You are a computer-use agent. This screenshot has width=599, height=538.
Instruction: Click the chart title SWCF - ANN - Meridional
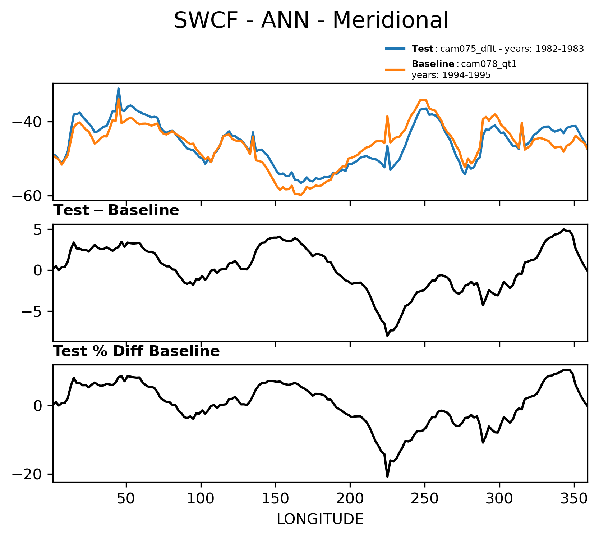(311, 20)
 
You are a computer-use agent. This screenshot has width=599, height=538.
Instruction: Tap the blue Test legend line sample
(396, 49)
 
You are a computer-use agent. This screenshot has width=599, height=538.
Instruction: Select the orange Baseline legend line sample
(396, 69)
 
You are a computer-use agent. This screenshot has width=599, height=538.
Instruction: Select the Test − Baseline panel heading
(116, 211)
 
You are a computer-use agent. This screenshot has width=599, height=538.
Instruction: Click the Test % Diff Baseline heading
(137, 351)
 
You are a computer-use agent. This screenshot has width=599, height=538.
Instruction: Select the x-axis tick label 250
(425, 499)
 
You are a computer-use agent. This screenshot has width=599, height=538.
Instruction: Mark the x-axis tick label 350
(574, 499)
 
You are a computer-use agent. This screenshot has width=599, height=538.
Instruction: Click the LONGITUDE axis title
(320, 519)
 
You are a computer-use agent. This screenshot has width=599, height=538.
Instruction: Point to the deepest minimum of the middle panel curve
(387, 336)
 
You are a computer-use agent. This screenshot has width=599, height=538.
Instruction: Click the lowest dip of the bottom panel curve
(387, 477)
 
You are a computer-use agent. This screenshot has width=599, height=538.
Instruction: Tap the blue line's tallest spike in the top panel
(118, 88)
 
